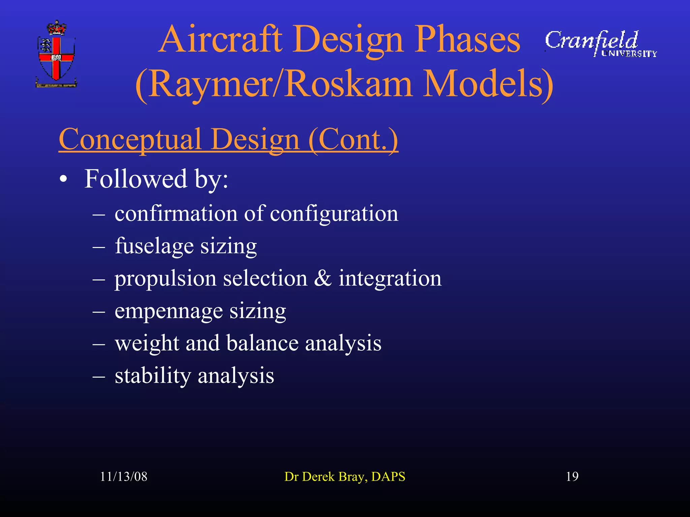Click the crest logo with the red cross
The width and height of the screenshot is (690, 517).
(x=56, y=54)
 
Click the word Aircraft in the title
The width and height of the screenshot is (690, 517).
(x=220, y=39)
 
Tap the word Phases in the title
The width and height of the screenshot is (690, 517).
(x=467, y=39)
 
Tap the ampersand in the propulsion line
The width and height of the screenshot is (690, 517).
(x=323, y=278)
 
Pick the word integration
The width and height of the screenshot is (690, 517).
(x=390, y=278)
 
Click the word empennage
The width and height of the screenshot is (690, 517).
(x=168, y=311)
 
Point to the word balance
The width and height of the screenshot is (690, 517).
(x=262, y=343)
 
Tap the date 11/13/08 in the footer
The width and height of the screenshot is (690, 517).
(x=124, y=477)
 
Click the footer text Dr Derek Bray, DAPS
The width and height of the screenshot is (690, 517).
(x=345, y=477)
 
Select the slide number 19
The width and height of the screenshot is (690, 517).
(x=572, y=477)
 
